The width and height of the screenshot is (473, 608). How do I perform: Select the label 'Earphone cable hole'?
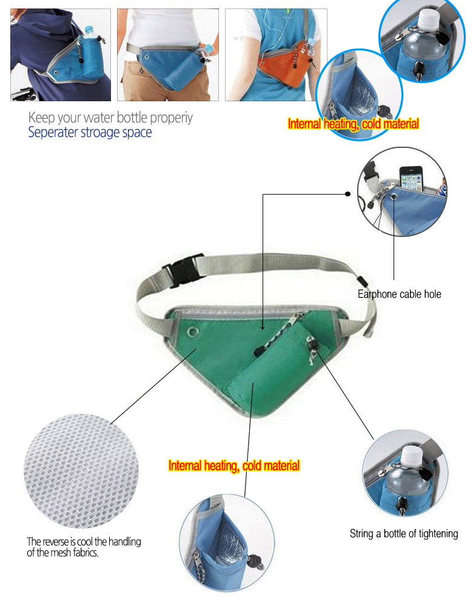(x=399, y=294)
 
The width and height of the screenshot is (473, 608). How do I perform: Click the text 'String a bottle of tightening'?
(x=404, y=533)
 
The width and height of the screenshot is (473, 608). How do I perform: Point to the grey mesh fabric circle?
(x=81, y=471)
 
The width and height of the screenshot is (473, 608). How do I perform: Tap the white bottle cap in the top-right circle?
(x=428, y=18)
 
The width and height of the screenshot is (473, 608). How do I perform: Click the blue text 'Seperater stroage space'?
(x=90, y=132)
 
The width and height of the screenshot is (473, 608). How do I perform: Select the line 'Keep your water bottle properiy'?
(x=110, y=117)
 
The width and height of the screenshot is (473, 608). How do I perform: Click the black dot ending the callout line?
(x=347, y=194)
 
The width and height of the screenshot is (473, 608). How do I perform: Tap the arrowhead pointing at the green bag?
(x=263, y=328)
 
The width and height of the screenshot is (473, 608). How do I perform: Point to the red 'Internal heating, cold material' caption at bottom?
(x=234, y=466)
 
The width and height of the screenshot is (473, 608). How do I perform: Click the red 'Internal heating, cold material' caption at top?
(x=354, y=124)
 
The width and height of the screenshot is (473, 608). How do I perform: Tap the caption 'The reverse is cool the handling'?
(x=84, y=541)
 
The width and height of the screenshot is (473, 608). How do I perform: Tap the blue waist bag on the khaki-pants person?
(x=171, y=66)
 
